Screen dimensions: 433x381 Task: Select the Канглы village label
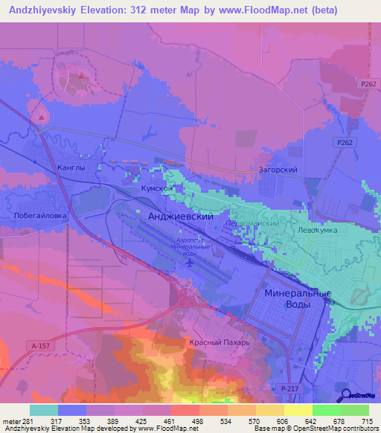(71, 168)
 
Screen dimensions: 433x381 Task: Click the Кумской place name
(157, 190)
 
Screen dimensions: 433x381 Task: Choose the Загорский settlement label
(278, 170)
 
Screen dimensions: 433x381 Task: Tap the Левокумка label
(318, 231)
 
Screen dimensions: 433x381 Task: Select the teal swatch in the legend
(44, 410)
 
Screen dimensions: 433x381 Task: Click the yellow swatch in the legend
(298, 410)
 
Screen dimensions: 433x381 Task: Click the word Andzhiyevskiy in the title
(43, 10)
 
